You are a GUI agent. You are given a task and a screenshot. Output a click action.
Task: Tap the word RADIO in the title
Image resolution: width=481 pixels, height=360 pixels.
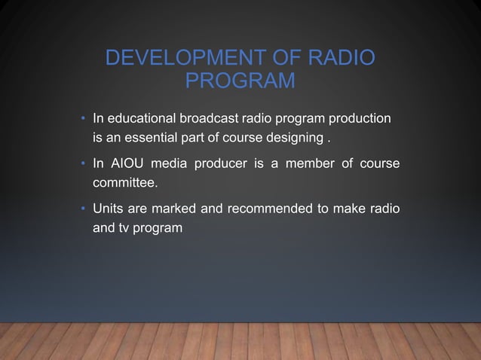(x=342, y=59)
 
